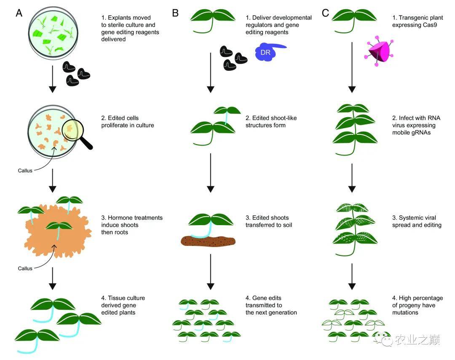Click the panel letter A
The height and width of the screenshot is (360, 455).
(x=19, y=13)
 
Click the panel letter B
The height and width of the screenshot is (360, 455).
(x=175, y=13)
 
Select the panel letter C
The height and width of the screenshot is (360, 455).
(x=325, y=13)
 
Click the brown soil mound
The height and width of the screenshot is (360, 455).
(x=208, y=242)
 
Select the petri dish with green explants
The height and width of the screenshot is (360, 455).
(x=52, y=31)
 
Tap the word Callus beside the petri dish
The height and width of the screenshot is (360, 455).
(x=25, y=171)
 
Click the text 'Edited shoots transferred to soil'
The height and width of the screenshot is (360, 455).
(x=270, y=221)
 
